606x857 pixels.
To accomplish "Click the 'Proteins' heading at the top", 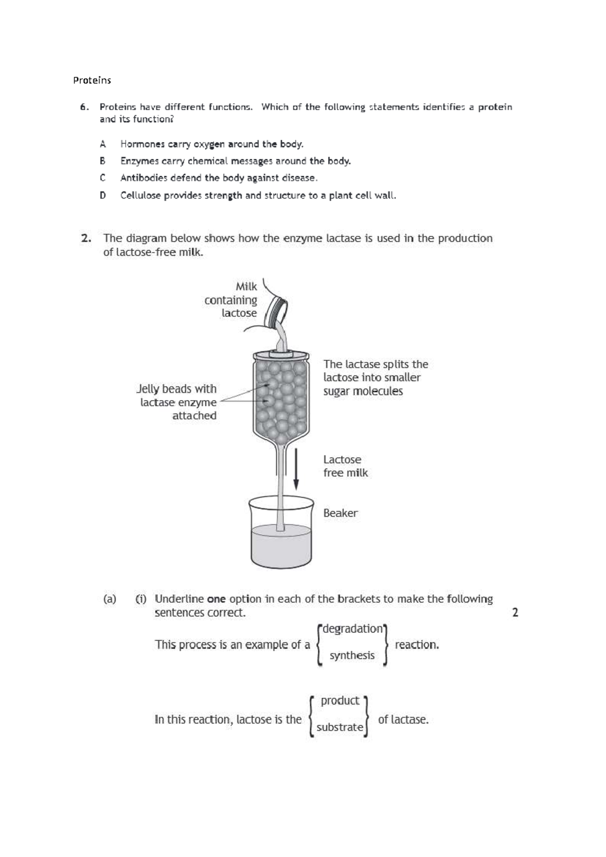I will click(x=92, y=80).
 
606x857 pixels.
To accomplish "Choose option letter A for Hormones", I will click(x=103, y=144).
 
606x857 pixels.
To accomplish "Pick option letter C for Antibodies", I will click(x=103, y=178).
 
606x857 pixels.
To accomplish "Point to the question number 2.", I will click(x=86, y=239).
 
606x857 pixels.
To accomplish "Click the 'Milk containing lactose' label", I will click(x=231, y=300).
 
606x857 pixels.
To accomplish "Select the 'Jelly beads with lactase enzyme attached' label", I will click(x=177, y=402).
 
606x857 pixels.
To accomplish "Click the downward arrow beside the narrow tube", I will click(x=296, y=467).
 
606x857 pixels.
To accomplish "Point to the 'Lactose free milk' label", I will click(x=345, y=466).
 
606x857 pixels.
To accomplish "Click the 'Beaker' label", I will click(x=340, y=513).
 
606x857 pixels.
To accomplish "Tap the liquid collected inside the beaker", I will click(x=281, y=546).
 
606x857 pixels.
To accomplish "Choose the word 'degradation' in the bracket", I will click(x=352, y=629).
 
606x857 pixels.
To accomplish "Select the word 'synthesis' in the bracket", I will click(x=352, y=655).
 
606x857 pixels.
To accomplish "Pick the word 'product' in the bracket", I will click(x=340, y=701).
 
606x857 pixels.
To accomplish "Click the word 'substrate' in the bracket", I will click(x=339, y=728).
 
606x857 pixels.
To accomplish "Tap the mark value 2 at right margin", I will click(x=515, y=613).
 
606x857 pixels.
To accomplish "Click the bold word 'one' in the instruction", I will click(x=216, y=599).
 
